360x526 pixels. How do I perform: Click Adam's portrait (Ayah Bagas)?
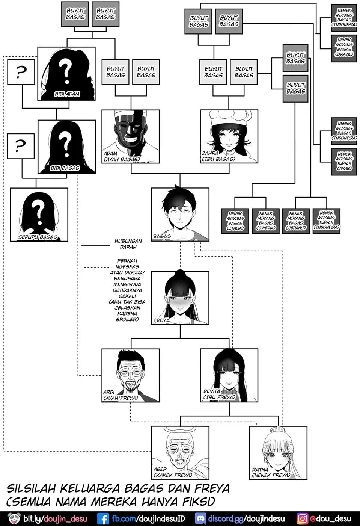pyautogui.click(x=131, y=136)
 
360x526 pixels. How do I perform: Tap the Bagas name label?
pyautogui.click(x=162, y=236)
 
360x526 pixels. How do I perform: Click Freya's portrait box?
pyautogui.click(x=180, y=298)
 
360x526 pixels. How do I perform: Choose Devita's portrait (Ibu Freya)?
pyautogui.click(x=229, y=375)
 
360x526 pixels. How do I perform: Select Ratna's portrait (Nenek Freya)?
pyautogui.click(x=278, y=452)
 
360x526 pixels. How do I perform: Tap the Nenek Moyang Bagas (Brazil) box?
pyautogui.click(x=344, y=47)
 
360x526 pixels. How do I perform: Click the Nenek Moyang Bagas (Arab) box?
pyautogui.click(x=344, y=161)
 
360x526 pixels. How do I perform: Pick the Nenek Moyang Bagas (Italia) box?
pyautogui.click(x=235, y=221)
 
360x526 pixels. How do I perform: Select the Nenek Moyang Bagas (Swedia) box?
pyautogui.click(x=266, y=221)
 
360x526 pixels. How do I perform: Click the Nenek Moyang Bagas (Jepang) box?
pyautogui.click(x=296, y=221)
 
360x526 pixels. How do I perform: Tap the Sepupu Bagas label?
pyautogui.click(x=38, y=237)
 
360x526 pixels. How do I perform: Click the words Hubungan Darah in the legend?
pyautogui.click(x=128, y=244)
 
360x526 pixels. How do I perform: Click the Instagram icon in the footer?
pyautogui.click(x=302, y=519)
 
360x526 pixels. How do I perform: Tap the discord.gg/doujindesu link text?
pyautogui.click(x=246, y=519)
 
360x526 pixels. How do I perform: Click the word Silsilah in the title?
pyautogui.click(x=32, y=488)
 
